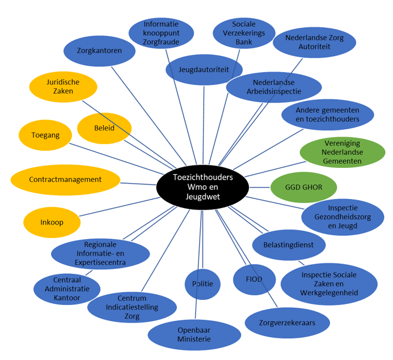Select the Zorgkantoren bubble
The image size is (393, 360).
pos(100,50)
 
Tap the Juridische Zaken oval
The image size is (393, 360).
pos(63,87)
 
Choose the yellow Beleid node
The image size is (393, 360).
pos(104,128)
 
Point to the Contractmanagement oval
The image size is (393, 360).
pos(65,180)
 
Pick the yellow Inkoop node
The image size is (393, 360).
pos(52,222)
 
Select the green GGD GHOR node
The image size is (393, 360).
pos(304,187)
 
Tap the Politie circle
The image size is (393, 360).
pos(202,283)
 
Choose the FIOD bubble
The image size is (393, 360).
pos(255,279)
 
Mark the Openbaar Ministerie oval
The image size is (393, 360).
pos(194,334)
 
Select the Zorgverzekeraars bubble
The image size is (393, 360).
pos(288,323)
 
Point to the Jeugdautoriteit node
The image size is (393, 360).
pos(204,69)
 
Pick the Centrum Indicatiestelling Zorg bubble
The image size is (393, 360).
pos(132,307)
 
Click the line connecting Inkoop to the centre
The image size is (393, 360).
pos(119,205)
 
